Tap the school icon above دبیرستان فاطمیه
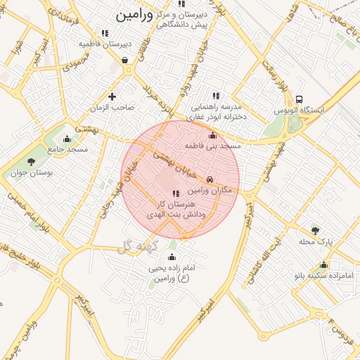pyautogui.click(x=105, y=32)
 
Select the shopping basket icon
pyautogui.click(x=124, y=60)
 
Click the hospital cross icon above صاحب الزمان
pyautogui.click(x=112, y=96)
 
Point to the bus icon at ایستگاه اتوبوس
pyautogui.click(x=300, y=99)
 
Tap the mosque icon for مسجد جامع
pyautogui.click(x=67, y=139)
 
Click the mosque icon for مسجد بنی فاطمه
pyautogui.click(x=213, y=135)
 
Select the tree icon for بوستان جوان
pyautogui.click(x=30, y=162)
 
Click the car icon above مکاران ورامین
pyautogui.click(x=210, y=179)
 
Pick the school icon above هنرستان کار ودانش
pyautogui.click(x=176, y=193)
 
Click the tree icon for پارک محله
pyautogui.click(x=314, y=230)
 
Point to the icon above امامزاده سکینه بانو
pyautogui.click(x=323, y=264)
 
